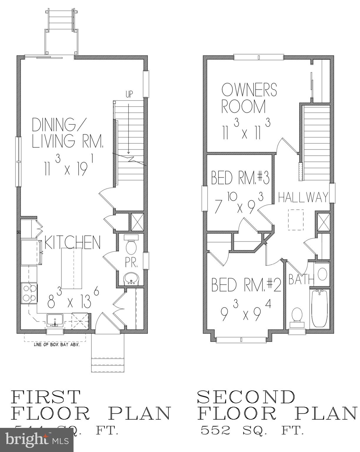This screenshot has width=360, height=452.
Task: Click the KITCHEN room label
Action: pos(72,242)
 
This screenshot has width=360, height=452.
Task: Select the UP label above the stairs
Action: pos(129,94)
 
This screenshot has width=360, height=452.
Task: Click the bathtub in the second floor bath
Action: pos(320,308)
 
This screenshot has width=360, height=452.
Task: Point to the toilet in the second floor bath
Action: pos(297,317)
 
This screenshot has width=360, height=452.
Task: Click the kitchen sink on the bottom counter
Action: pos(55,320)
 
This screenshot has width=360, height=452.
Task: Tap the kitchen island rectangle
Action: pos(71,269)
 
